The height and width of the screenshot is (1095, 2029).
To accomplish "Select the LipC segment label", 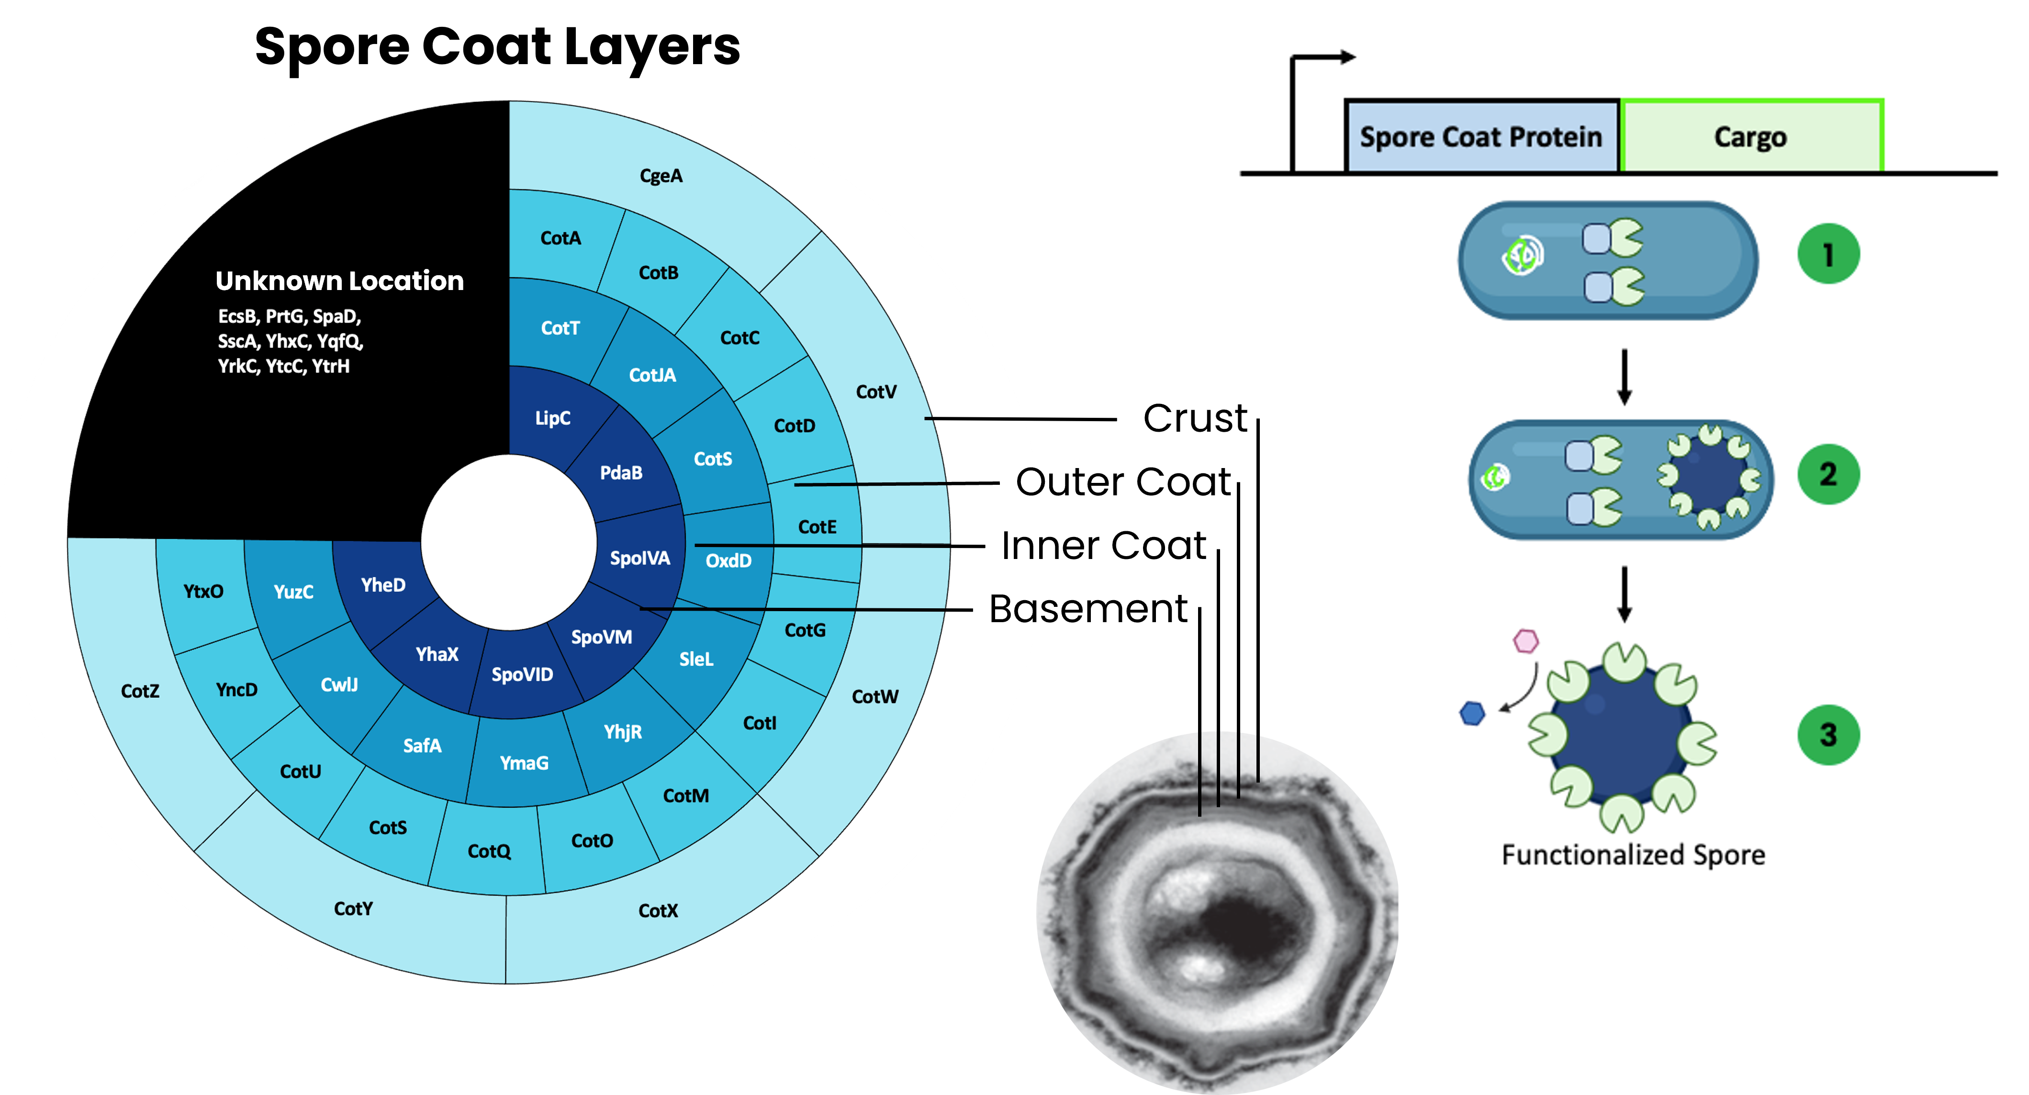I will click(552, 418).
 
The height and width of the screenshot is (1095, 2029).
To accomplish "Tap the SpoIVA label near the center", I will click(639, 559).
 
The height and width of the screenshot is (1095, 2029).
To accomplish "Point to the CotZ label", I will click(140, 691).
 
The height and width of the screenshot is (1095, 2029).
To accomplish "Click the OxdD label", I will click(728, 561).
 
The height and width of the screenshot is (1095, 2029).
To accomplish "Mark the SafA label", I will click(422, 745).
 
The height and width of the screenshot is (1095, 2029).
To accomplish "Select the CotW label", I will click(874, 696).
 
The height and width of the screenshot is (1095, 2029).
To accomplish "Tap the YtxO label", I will click(203, 592).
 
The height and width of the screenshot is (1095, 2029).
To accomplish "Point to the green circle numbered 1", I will click(1828, 255).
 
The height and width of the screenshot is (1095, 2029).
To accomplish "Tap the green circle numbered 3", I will click(1828, 735).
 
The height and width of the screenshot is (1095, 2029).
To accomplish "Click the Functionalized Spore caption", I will click(1633, 855).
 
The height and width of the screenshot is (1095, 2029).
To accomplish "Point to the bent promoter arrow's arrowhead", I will click(1348, 57).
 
